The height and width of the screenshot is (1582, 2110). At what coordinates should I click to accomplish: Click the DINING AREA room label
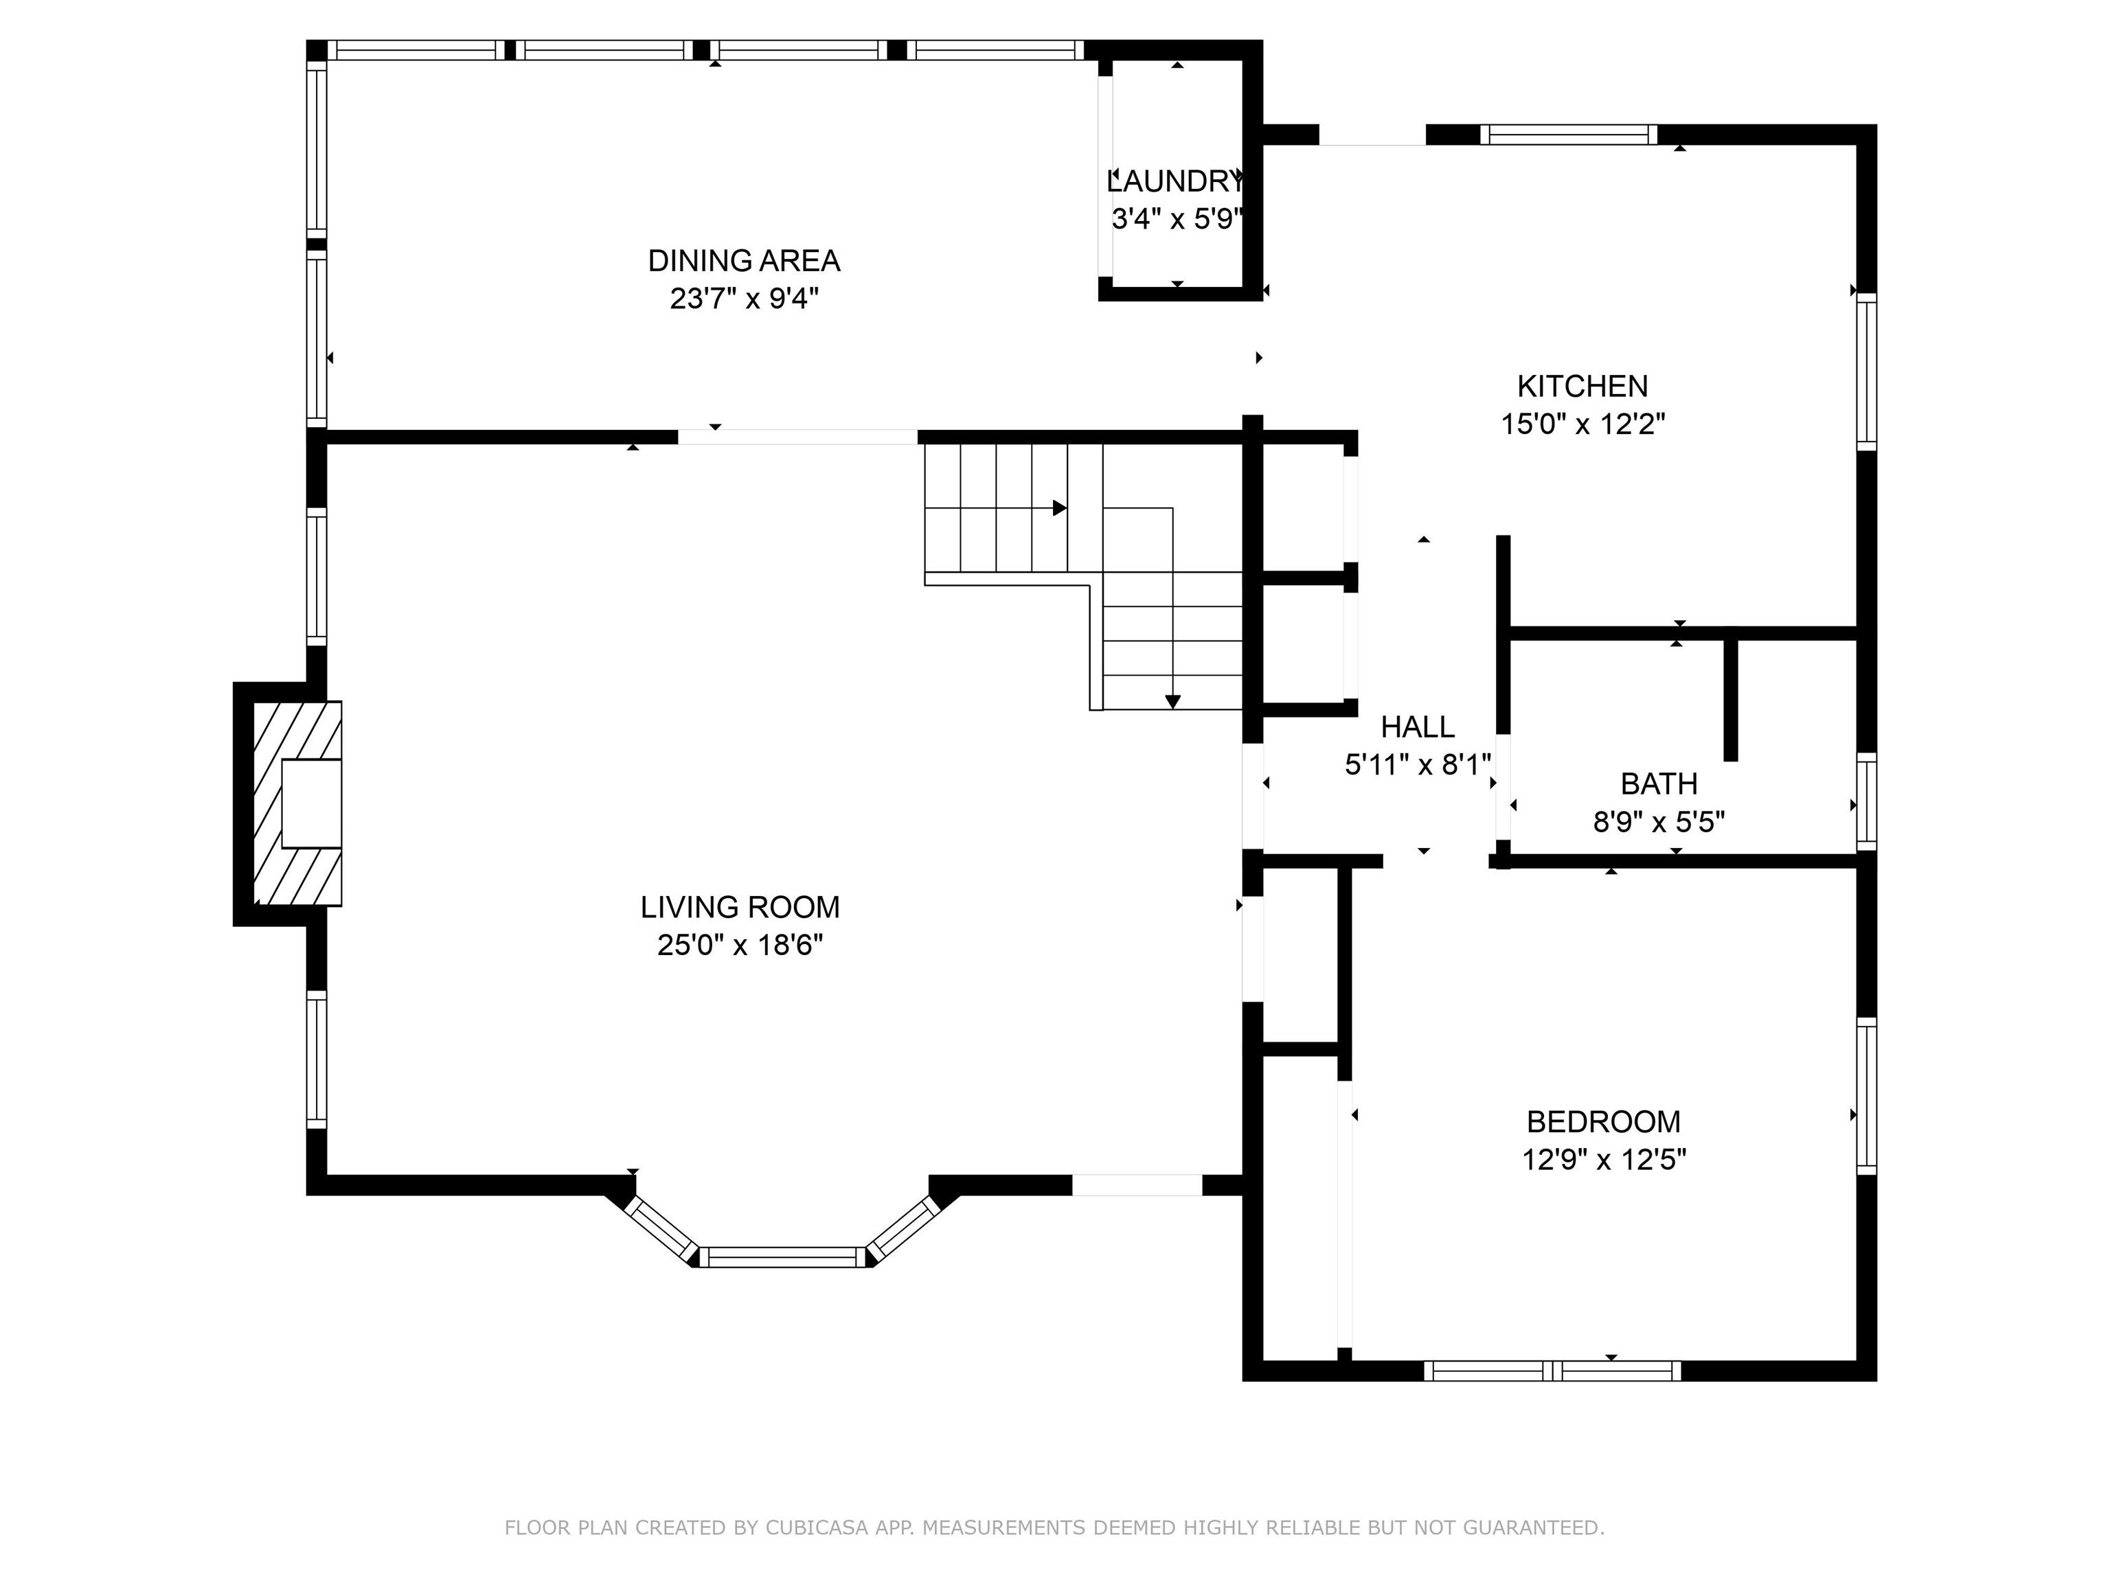pyautogui.click(x=743, y=260)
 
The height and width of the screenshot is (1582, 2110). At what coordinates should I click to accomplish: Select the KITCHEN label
pyautogui.click(x=1582, y=386)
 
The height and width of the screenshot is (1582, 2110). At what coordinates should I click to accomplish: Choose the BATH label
pyautogui.click(x=1659, y=784)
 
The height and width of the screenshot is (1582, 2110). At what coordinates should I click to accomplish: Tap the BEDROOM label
pyautogui.click(x=1604, y=1121)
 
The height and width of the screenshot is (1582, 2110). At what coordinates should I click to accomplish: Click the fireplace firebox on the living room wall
pyautogui.click(x=311, y=803)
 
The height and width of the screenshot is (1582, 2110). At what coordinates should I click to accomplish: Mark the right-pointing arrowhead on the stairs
pyautogui.click(x=1059, y=508)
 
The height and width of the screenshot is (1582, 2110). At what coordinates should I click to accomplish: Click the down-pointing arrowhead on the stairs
pyautogui.click(x=1172, y=702)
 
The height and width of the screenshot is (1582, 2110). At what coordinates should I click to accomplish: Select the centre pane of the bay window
pyautogui.click(x=782, y=1257)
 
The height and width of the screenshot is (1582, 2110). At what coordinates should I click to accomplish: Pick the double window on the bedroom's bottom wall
pyautogui.click(x=1552, y=1371)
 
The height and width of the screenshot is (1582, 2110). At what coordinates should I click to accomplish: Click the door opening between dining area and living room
pyautogui.click(x=797, y=437)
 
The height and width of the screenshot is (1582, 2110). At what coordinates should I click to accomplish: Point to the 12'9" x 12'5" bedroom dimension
pyautogui.click(x=1604, y=1160)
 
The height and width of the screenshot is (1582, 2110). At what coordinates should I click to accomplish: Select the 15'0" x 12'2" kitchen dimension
pyautogui.click(x=1582, y=424)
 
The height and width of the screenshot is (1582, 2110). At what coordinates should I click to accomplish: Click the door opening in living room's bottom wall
pyautogui.click(x=1136, y=1185)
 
